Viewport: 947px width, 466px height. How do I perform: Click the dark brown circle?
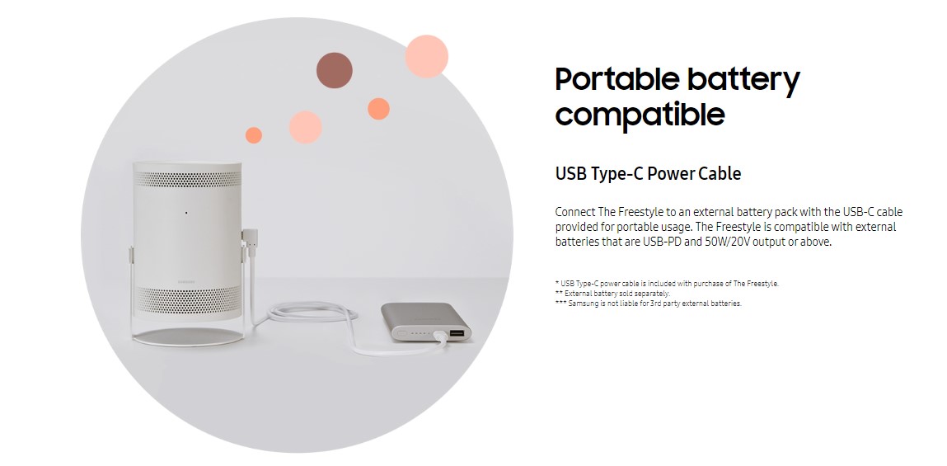pos(334,70)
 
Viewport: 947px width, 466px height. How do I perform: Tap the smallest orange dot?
pos(254,135)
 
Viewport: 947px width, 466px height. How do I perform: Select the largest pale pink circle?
pos(426,56)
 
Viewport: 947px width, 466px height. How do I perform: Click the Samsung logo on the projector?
pos(186,281)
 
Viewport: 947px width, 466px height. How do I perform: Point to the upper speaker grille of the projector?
pos(187,179)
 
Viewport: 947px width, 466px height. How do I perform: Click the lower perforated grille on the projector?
pos(188,299)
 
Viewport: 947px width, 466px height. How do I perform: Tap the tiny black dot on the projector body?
pos(186,213)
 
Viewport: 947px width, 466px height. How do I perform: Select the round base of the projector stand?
pos(189,337)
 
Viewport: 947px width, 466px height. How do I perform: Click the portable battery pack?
pos(426,322)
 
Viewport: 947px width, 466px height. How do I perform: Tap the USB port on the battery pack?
pos(457,333)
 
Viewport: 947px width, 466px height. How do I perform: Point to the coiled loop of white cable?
pos(312,313)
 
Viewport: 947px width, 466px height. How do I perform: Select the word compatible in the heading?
pos(640,114)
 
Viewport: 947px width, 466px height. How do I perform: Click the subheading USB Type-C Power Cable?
pos(648,174)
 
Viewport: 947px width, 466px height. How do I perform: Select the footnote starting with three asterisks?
pos(648,304)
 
